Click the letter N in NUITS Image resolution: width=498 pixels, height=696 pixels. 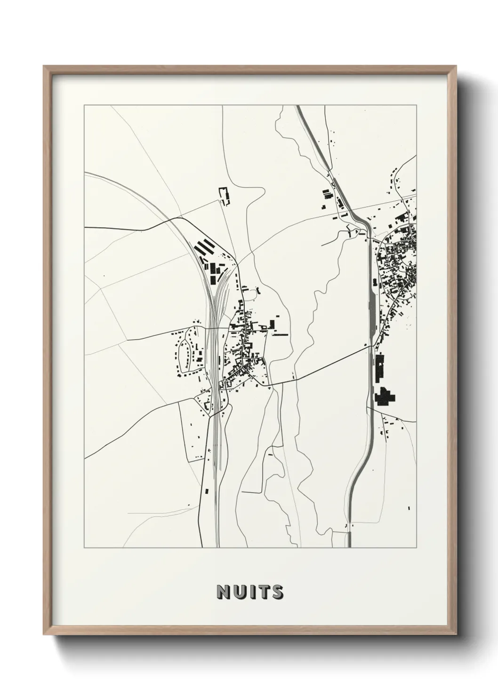[223, 593]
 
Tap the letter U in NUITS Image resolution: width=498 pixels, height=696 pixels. [238, 593]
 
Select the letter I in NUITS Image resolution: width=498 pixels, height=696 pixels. [250, 593]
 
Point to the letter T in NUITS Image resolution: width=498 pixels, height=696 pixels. [262, 593]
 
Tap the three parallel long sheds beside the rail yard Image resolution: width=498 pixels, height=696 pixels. [204, 247]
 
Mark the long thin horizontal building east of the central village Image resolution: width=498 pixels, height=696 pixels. [280, 335]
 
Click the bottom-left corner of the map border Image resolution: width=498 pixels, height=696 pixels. [84, 548]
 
